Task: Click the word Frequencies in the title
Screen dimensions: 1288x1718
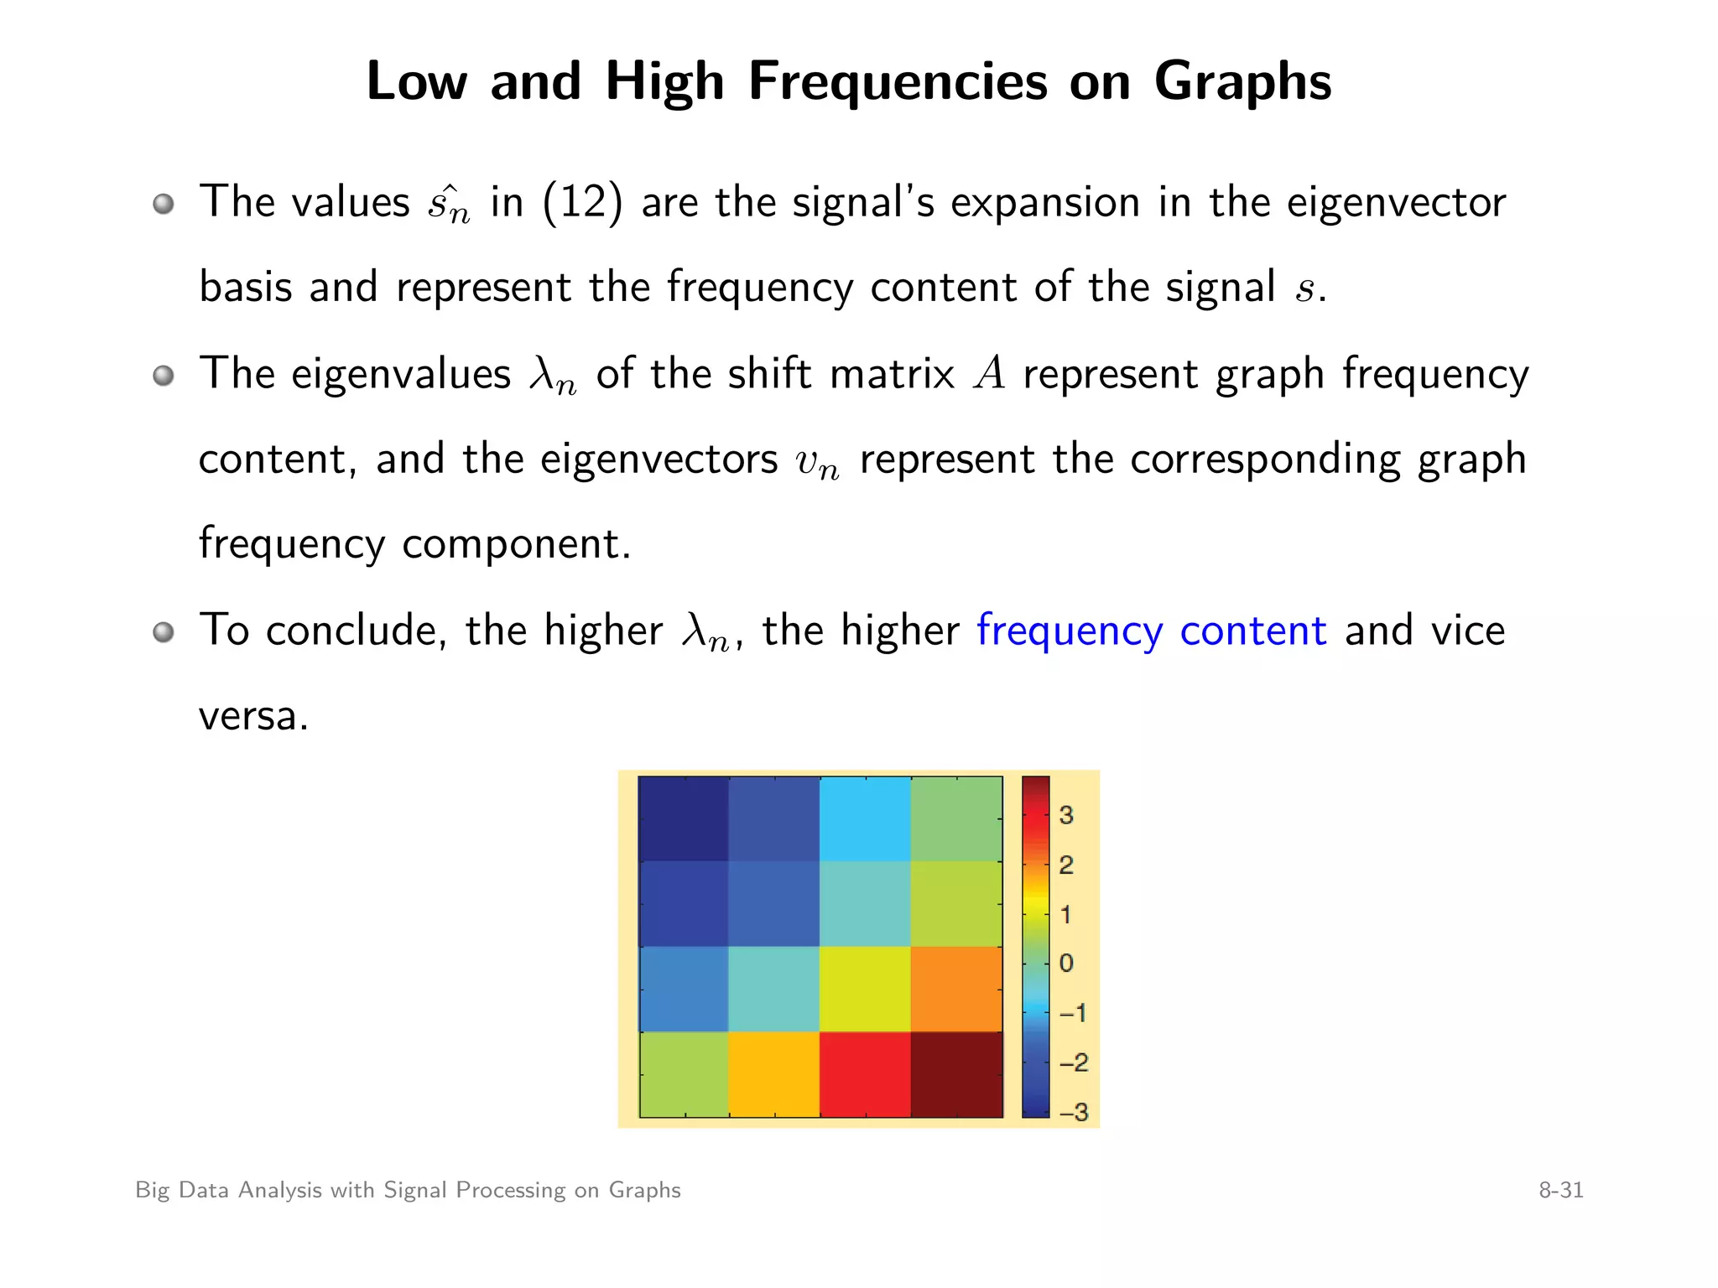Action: (897, 82)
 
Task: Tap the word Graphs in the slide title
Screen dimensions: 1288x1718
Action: (1242, 82)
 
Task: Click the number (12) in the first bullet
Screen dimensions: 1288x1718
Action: (583, 203)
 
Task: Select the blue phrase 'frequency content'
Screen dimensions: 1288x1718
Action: (1152, 631)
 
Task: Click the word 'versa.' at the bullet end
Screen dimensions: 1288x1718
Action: (253, 716)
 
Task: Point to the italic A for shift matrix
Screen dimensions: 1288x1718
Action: (989, 374)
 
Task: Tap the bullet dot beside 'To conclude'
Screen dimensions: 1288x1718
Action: (164, 631)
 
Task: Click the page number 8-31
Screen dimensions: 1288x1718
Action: (1560, 1190)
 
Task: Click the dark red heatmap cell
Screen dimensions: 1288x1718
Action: (956, 1074)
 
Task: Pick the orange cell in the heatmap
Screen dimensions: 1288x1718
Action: (956, 989)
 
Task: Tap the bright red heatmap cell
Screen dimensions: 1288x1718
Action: (865, 1074)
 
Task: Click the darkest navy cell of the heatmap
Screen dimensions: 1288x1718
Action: (683, 818)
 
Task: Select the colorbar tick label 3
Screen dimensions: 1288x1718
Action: (1066, 815)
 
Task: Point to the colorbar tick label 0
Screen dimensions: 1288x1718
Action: (1066, 963)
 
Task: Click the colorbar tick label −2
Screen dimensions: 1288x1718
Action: (1073, 1062)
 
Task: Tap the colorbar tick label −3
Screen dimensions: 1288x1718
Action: (1073, 1112)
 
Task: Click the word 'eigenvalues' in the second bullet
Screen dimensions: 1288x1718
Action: (400, 374)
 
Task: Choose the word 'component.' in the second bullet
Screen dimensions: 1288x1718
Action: (516, 544)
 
